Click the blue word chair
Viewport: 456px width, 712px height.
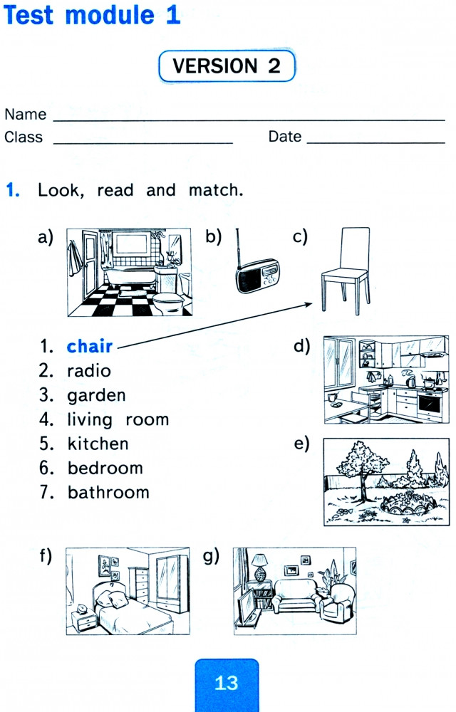click(x=90, y=346)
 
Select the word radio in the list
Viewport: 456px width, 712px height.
click(x=89, y=370)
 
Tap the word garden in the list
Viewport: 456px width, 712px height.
click(x=96, y=395)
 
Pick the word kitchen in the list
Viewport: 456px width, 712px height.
click(x=98, y=444)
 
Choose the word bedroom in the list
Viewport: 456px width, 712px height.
click(x=105, y=468)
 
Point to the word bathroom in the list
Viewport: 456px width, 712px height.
click(x=108, y=492)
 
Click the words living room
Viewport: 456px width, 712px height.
click(x=118, y=420)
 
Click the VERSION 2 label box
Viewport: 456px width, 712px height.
click(x=227, y=66)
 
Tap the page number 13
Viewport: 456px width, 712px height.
click(x=227, y=683)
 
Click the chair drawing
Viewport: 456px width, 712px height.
click(x=345, y=271)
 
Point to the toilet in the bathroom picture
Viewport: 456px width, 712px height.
click(x=167, y=301)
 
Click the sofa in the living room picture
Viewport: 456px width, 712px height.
click(x=296, y=595)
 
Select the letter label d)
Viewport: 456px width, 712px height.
click(x=301, y=346)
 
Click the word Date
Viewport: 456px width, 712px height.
click(x=285, y=136)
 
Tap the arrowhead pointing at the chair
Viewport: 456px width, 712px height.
click(x=309, y=304)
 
